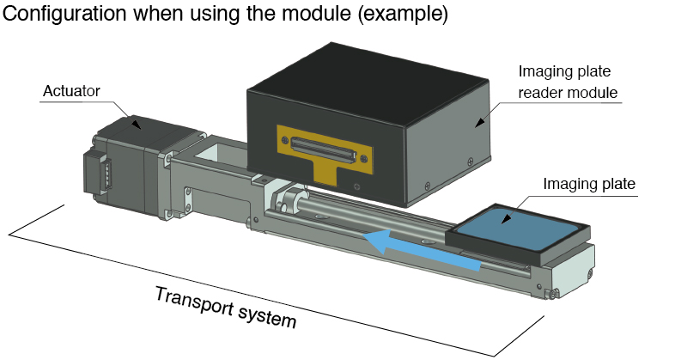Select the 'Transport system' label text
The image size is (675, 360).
tap(226, 308)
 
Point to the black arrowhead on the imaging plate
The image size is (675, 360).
tap(509, 220)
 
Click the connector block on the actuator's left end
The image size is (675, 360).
tap(95, 176)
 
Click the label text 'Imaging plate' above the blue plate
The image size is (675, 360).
tap(588, 184)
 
